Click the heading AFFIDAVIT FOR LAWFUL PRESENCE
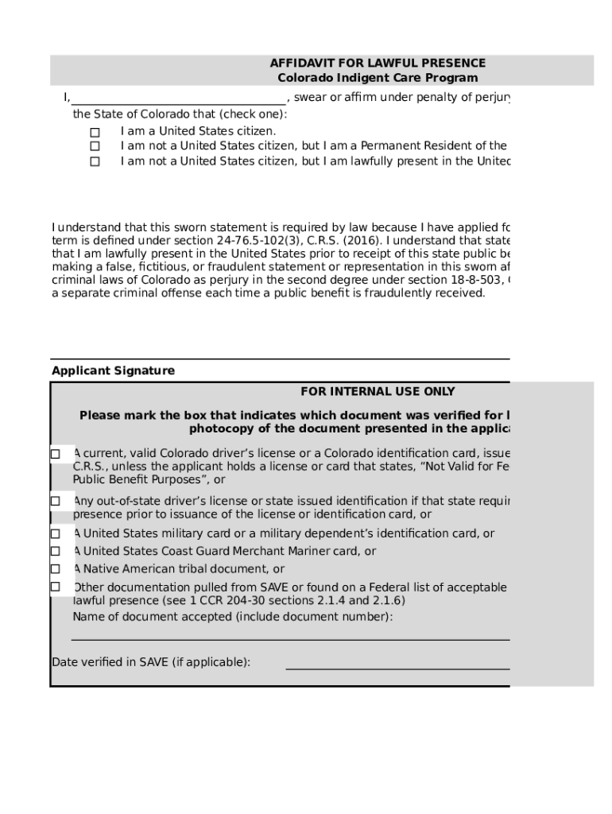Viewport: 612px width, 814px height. pyautogui.click(x=378, y=63)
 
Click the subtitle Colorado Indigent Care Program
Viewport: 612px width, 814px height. pyautogui.click(x=378, y=78)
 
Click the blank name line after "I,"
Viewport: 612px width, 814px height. pyautogui.click(x=178, y=99)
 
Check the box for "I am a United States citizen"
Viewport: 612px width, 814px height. pyautogui.click(x=95, y=131)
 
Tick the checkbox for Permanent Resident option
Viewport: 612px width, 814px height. pyautogui.click(x=95, y=146)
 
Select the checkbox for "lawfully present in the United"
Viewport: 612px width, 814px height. pyautogui.click(x=95, y=161)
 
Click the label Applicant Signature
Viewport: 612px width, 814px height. pyautogui.click(x=113, y=370)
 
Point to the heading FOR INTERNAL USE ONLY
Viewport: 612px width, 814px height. pyautogui.click(x=378, y=391)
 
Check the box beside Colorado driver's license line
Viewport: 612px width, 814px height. pyautogui.click(x=56, y=454)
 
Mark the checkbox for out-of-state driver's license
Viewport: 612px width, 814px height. pyautogui.click(x=56, y=501)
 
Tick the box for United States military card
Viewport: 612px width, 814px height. pyautogui.click(x=56, y=534)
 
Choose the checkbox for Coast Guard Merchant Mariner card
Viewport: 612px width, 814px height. pyautogui.click(x=56, y=551)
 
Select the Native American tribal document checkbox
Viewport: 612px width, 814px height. pyautogui.click(x=56, y=568)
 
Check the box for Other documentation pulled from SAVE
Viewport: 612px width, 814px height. pyautogui.click(x=56, y=587)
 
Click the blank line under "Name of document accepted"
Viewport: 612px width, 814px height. pyautogui.click(x=290, y=638)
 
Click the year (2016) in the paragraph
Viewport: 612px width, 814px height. pyautogui.click(x=362, y=241)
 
